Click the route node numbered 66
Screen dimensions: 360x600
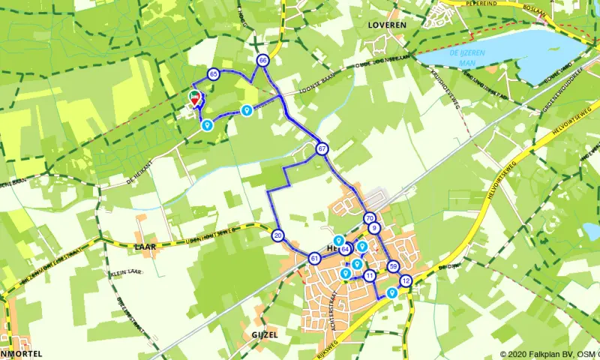click(x=262, y=60)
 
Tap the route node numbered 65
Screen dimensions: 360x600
click(x=214, y=73)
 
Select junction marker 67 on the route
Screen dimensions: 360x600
click(x=322, y=148)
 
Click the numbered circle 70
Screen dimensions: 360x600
click(x=370, y=218)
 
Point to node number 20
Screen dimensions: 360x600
click(x=277, y=235)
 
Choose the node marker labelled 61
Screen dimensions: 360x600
click(x=314, y=259)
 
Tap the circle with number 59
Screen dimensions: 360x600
click(x=394, y=266)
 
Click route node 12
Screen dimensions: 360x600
click(x=406, y=281)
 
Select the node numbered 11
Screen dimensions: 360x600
click(x=370, y=276)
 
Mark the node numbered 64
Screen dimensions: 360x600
click(x=346, y=249)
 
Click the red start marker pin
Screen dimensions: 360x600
click(x=195, y=97)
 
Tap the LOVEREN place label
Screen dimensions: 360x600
click(x=387, y=25)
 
